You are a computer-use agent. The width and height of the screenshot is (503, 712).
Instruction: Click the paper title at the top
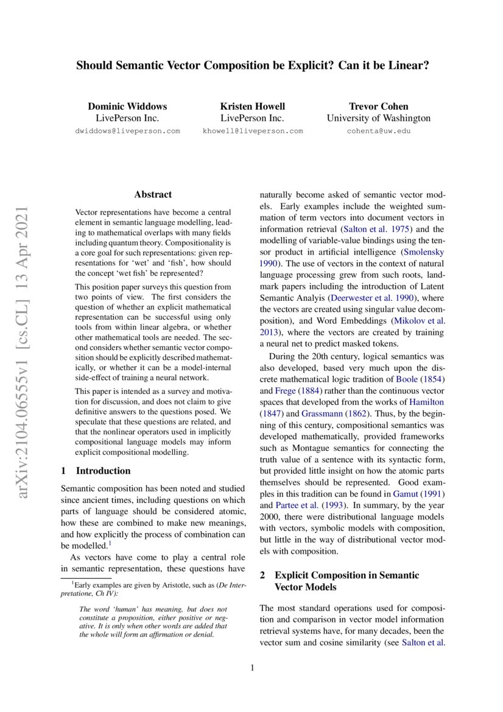tap(252, 65)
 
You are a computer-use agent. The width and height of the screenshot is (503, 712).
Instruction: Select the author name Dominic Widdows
tap(127, 106)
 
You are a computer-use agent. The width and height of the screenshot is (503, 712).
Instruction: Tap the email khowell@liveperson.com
tap(252, 131)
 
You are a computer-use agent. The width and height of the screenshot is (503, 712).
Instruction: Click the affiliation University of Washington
tap(378, 118)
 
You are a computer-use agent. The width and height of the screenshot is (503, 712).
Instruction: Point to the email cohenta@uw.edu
tap(378, 131)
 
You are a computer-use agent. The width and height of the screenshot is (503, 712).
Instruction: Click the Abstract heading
tap(153, 195)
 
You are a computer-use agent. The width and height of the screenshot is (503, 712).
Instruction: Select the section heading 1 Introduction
tap(96, 470)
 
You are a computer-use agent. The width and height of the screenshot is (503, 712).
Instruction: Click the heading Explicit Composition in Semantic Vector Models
tap(347, 581)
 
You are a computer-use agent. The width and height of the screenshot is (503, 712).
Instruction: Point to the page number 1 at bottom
tap(251, 668)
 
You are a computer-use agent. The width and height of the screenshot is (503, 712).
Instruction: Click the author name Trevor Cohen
tap(378, 106)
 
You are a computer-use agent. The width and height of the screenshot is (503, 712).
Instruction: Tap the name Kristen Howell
tap(252, 106)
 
